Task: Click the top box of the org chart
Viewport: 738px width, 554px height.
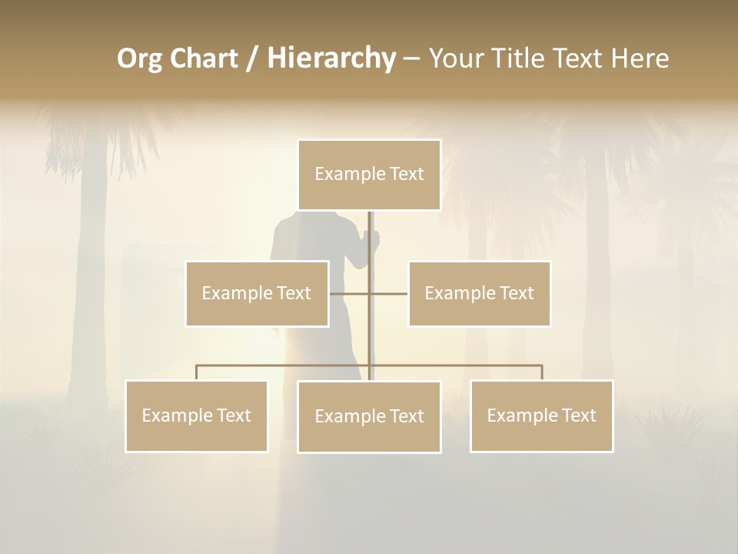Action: pos(369,175)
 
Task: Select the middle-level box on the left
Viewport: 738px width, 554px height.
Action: pos(257,293)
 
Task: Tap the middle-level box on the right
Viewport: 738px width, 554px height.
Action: pos(480,293)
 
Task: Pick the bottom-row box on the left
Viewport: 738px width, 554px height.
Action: pos(197,415)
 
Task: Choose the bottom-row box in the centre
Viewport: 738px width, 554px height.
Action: pos(369,416)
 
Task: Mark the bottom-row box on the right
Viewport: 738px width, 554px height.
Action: pos(542,415)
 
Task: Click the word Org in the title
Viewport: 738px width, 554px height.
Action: pos(140,58)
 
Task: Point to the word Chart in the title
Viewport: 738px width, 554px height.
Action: pos(204,58)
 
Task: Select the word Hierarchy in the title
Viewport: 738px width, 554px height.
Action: pos(331,58)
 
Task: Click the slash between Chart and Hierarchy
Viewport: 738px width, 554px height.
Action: pos(252,58)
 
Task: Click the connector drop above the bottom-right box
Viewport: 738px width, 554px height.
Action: pos(542,372)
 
